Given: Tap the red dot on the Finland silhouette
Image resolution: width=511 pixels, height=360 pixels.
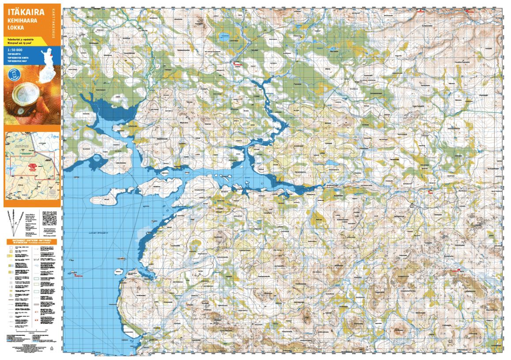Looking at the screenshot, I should pyautogui.click(x=52, y=56).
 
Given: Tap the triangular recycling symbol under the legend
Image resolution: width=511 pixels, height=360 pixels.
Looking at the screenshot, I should pyautogui.click(x=51, y=348).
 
